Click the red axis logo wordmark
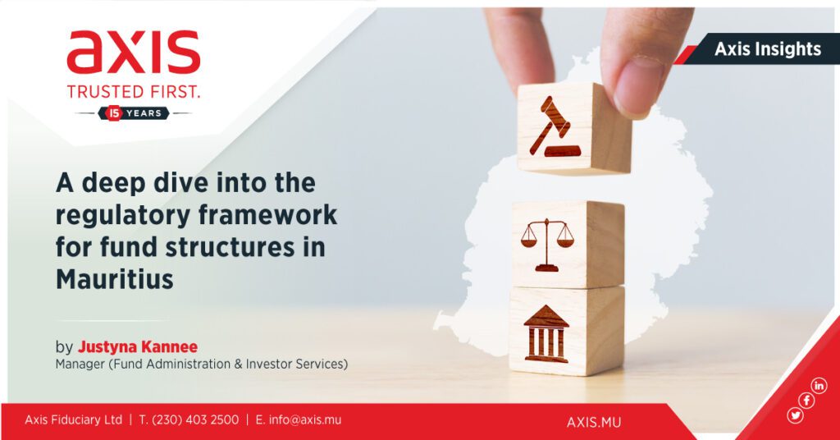click(x=134, y=52)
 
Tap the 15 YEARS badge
click(x=134, y=113)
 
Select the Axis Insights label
click(x=767, y=48)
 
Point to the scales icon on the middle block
click(x=547, y=245)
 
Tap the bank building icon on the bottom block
click(x=546, y=333)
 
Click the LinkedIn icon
click(x=819, y=385)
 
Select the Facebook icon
click(x=806, y=401)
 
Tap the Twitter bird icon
click(x=795, y=415)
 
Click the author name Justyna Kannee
click(x=138, y=346)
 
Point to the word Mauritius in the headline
click(x=115, y=279)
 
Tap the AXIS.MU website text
click(x=594, y=422)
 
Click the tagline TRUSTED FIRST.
click(x=134, y=92)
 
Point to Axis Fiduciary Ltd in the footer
click(x=73, y=419)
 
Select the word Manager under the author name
click(x=80, y=364)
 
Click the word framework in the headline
click(x=268, y=215)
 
